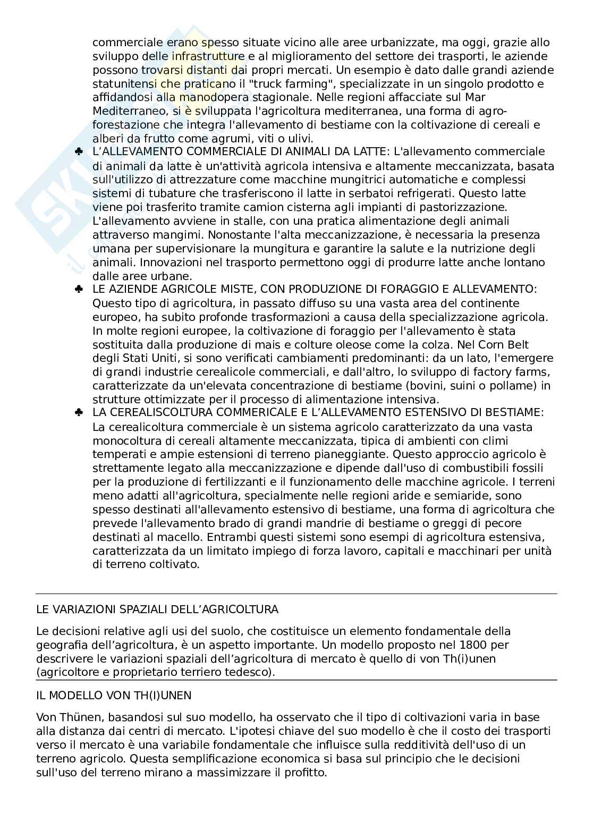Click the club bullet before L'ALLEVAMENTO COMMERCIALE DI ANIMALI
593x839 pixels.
pyautogui.click(x=79, y=152)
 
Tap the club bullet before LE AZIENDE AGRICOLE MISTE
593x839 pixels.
pyautogui.click(x=79, y=289)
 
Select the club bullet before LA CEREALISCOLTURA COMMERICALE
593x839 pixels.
pyautogui.click(x=79, y=413)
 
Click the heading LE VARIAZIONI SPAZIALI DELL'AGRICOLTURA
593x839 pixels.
pyautogui.click(x=157, y=609)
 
